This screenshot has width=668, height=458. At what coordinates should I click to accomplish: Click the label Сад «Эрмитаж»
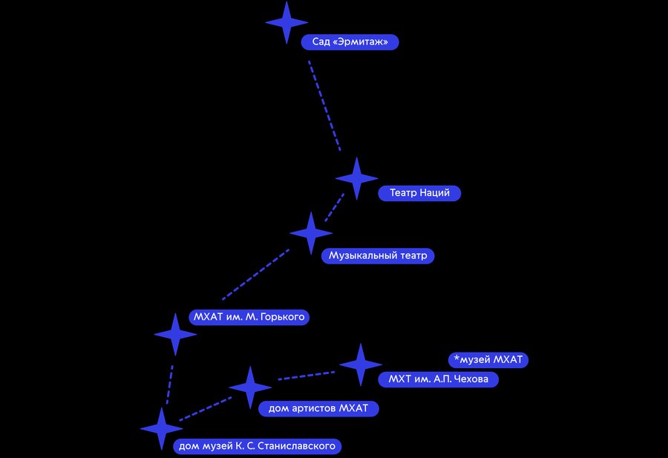[x=350, y=42]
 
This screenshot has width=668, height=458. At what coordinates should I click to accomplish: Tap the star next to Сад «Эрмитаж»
[x=286, y=22]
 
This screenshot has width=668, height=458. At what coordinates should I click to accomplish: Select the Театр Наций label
[x=419, y=193]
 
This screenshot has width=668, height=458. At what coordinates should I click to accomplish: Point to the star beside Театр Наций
[x=356, y=178]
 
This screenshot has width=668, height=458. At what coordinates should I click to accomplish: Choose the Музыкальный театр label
[x=378, y=255]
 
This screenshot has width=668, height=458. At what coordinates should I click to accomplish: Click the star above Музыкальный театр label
[x=311, y=233]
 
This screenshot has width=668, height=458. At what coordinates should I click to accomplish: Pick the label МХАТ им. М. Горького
[x=249, y=317]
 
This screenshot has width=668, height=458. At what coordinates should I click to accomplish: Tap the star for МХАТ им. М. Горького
[x=175, y=335]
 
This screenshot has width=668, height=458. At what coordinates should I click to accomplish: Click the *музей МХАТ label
[x=488, y=360]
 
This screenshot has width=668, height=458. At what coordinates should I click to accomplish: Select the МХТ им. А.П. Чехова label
[x=439, y=379]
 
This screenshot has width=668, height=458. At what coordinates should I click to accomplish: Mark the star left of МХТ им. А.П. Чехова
[x=361, y=364]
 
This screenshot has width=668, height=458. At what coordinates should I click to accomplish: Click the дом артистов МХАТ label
[x=318, y=408]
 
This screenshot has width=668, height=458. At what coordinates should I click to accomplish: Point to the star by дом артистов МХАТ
[x=250, y=387]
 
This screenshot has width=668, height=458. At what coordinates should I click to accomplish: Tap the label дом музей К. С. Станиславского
[x=258, y=446]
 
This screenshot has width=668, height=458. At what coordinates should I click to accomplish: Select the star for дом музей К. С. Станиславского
[x=162, y=428]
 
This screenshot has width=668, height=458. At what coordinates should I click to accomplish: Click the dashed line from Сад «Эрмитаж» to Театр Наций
[x=324, y=105]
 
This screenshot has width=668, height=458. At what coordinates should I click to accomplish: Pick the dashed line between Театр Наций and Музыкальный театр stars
[x=335, y=208]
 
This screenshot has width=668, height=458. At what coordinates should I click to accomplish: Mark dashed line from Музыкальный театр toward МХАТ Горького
[x=255, y=275]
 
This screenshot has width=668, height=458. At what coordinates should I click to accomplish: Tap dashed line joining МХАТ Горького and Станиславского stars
[x=170, y=385]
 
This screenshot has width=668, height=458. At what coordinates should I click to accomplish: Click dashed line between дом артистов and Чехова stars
[x=307, y=376]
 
